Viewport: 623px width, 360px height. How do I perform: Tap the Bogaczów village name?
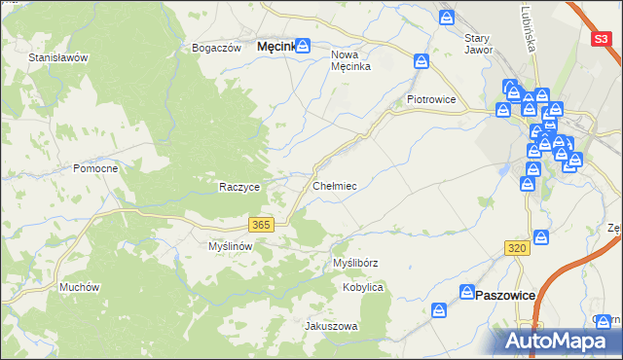[216, 48]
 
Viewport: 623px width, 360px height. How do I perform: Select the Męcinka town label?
[275, 46]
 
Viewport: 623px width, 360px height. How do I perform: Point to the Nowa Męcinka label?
[352, 61]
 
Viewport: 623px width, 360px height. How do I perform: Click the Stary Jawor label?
[477, 44]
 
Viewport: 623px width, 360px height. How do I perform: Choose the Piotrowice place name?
[432, 99]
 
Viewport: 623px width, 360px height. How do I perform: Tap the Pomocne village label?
[95, 168]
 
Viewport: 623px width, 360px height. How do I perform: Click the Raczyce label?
[238, 187]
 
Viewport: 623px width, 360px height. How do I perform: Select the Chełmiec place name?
[334, 185]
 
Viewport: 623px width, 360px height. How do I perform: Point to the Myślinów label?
[231, 247]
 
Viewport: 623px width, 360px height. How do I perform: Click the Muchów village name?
[80, 287]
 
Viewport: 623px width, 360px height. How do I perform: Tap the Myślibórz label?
[355, 264]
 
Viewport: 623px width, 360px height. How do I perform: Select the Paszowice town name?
[505, 294]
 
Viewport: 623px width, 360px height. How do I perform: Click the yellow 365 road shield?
[260, 225]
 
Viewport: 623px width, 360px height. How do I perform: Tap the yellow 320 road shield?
[517, 250]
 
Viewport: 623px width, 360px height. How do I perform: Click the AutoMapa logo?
[559, 341]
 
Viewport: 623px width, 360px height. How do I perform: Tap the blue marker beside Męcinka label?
[303, 45]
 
